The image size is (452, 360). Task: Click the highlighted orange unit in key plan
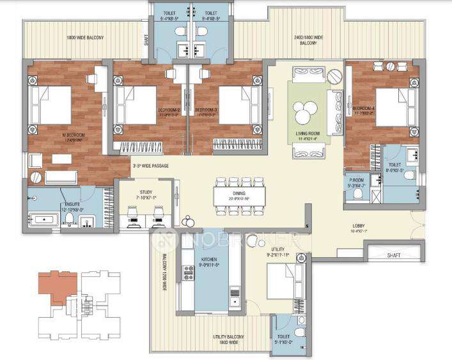point(56,285)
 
